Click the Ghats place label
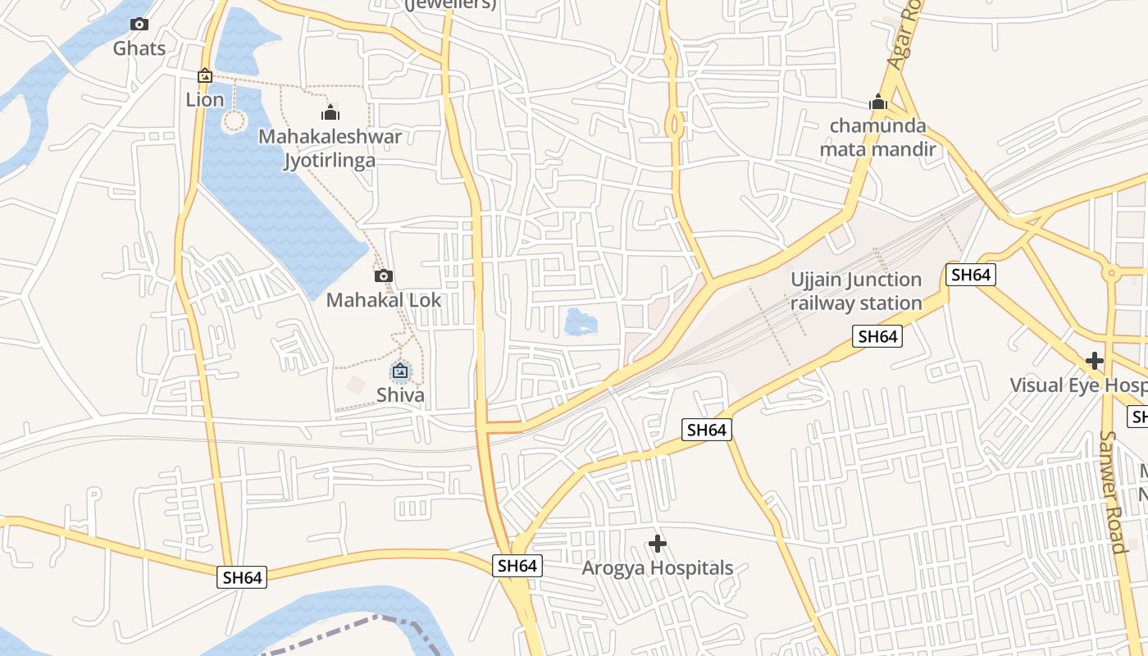139,48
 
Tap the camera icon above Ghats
139,25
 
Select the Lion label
205,99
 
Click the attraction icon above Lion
205,75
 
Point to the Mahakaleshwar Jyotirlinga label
330,148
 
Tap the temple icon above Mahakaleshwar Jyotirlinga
330,112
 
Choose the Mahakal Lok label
384,300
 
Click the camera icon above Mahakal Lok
384,276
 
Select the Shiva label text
400,395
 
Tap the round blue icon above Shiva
400,371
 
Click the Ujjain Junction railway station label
856,291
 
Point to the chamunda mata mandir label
877,138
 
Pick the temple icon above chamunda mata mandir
878,103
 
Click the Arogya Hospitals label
658,567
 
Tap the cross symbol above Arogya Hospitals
658,543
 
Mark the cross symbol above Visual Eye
1094,361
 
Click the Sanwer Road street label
1112,492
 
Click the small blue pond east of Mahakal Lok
580,321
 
